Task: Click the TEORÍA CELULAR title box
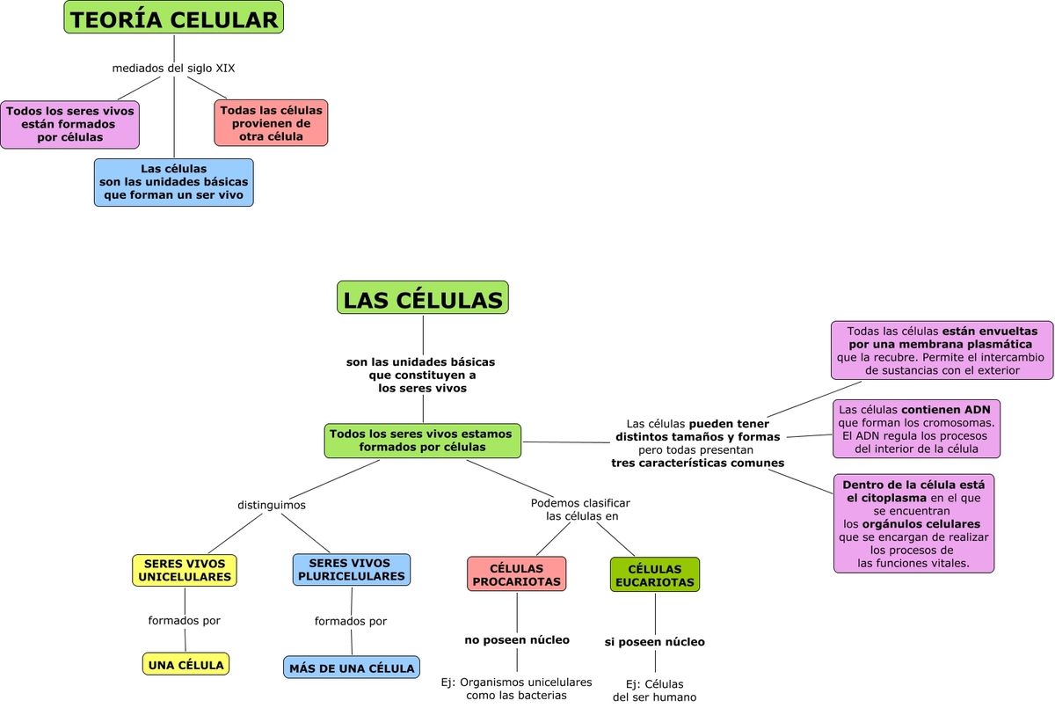(x=173, y=18)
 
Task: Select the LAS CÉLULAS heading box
(x=423, y=299)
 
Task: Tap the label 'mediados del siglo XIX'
(x=173, y=68)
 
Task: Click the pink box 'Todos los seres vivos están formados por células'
(x=69, y=124)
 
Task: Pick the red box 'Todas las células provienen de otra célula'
(x=271, y=123)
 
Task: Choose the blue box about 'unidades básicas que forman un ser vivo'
(x=173, y=182)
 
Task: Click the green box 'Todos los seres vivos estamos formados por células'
(x=422, y=440)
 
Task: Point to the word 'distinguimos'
(x=272, y=505)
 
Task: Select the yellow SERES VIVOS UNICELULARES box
(x=185, y=570)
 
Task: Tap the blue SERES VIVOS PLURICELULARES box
(x=352, y=570)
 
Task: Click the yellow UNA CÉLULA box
(x=186, y=664)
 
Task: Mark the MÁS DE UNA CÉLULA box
(x=352, y=668)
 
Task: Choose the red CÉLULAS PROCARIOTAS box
(x=516, y=574)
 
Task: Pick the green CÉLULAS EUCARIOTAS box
(x=655, y=575)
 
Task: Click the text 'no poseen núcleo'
(x=517, y=639)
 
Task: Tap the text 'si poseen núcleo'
(x=655, y=642)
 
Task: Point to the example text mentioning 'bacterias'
(x=516, y=689)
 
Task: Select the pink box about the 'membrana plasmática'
(x=942, y=350)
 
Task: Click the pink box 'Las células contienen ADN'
(x=916, y=429)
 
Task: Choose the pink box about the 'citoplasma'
(x=913, y=523)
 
